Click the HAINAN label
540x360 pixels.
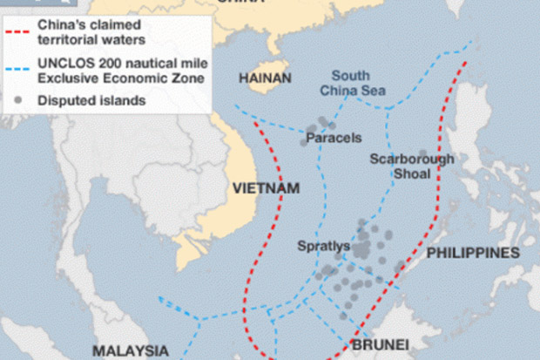pyautogui.click(x=265, y=79)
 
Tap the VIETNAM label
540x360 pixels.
pyautogui.click(x=266, y=188)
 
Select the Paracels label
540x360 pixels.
pyautogui.click(x=329, y=137)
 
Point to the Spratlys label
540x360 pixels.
pyautogui.click(x=323, y=247)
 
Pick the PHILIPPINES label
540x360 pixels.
pyautogui.click(x=473, y=253)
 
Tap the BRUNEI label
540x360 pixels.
pyautogui.click(x=380, y=343)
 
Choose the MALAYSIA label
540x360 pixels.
pyautogui.click(x=131, y=350)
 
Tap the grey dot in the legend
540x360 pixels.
pyautogui.click(x=15, y=101)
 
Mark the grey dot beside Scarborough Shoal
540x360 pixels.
pyautogui.click(x=423, y=153)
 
